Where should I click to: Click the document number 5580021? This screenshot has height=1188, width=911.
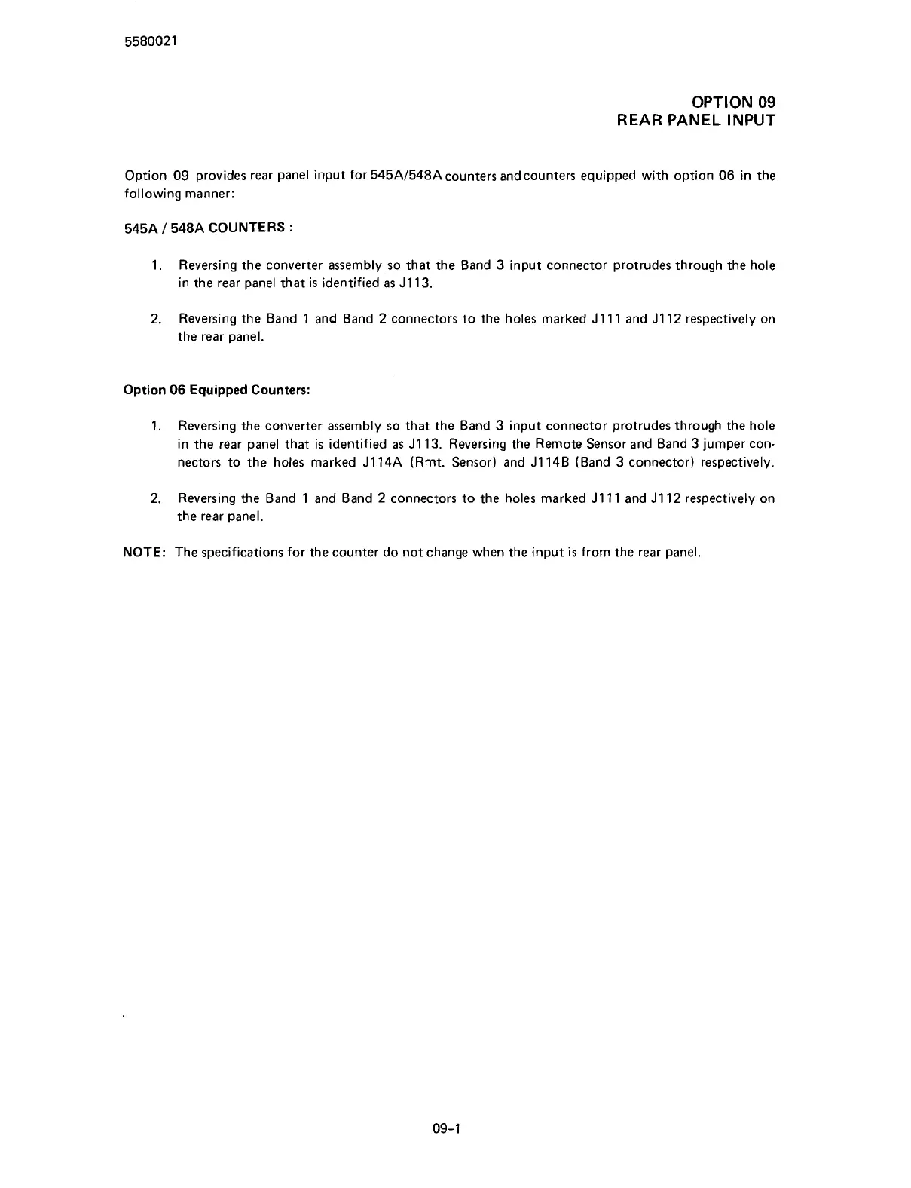(x=150, y=42)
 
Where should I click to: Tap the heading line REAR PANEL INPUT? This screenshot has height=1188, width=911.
(x=695, y=121)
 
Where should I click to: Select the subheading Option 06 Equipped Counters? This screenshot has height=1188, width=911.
(x=216, y=390)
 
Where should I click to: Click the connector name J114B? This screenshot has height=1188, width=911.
(x=548, y=462)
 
